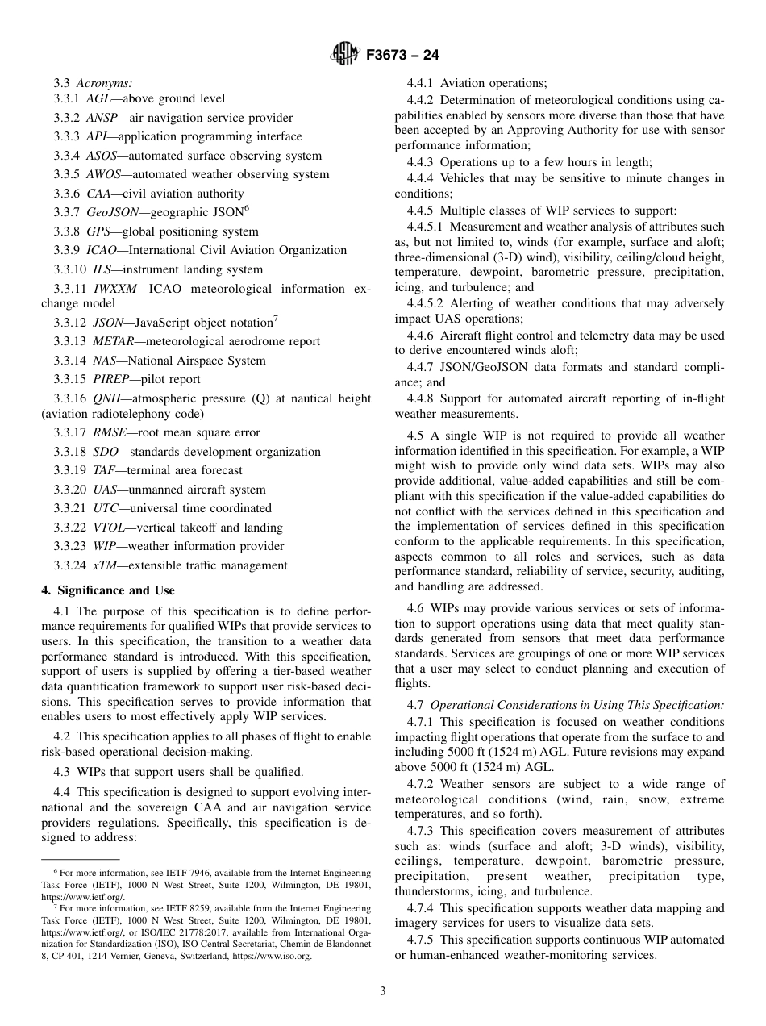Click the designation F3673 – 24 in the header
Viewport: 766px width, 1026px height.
click(x=402, y=56)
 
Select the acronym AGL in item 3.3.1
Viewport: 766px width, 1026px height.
click(x=99, y=98)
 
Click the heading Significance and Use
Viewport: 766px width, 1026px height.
click(x=114, y=590)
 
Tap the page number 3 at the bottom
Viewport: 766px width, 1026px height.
click(x=383, y=991)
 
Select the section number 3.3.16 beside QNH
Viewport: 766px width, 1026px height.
click(x=70, y=398)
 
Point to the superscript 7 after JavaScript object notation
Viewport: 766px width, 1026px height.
click(x=276, y=318)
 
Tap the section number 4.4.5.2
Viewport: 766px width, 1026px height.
click(x=425, y=303)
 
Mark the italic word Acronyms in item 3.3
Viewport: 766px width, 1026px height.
click(x=105, y=82)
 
